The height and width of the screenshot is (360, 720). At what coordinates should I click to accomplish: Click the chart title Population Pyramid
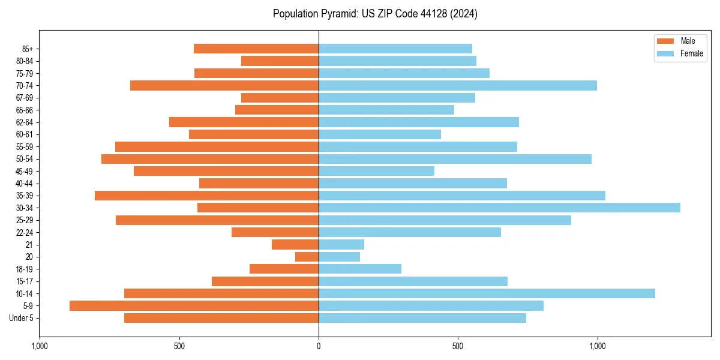coord(375,14)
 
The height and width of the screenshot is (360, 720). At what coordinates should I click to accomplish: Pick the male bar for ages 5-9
coord(194,305)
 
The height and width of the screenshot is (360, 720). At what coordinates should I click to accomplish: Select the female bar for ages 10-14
coord(487,293)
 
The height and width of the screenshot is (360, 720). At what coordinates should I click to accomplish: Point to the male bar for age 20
coord(307,257)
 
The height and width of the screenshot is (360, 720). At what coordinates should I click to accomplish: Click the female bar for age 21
coord(341,244)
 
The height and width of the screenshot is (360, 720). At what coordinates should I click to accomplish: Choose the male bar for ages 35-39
coord(206,196)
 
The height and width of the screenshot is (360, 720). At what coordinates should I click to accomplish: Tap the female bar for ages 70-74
coord(458,85)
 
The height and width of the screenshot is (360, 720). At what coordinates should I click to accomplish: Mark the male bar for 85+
coord(256,49)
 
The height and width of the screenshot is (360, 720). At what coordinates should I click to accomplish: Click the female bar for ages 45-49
coord(376,171)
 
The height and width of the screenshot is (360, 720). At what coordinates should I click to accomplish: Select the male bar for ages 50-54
coord(210,159)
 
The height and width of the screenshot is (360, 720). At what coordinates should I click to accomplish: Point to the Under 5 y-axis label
coord(21,318)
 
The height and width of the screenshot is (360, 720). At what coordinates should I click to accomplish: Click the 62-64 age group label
coord(25,122)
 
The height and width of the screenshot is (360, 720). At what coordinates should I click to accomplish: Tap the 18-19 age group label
coord(25,269)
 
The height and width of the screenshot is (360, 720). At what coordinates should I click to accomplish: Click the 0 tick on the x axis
coord(319,346)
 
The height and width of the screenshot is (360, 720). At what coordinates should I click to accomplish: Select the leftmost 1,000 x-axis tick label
coord(39,346)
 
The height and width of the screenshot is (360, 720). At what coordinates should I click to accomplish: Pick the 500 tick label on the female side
coord(458,346)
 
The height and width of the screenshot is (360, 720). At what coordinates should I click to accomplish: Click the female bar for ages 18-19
coord(360,269)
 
